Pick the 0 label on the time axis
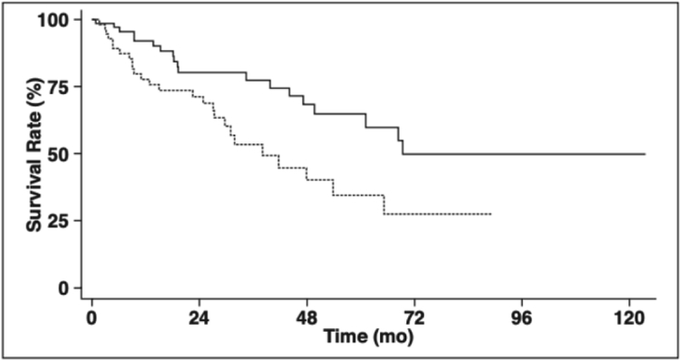point(92,319)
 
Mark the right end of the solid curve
point(645,154)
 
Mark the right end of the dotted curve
point(491,214)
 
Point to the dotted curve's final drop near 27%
point(384,205)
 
